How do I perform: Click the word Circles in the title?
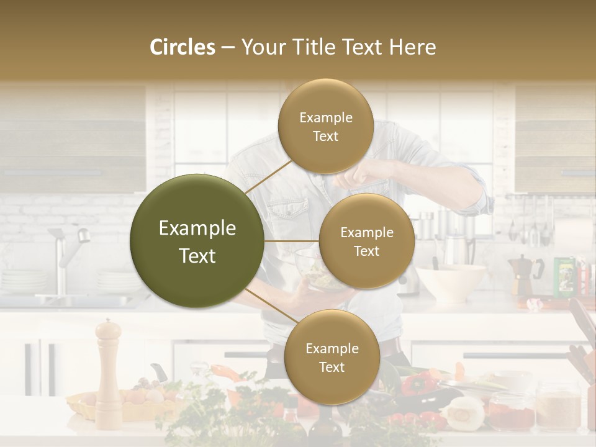coord(183,47)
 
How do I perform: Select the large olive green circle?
coord(197,241)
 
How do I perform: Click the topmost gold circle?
coord(325,126)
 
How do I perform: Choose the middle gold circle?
coord(366,241)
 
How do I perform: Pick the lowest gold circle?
coord(332,357)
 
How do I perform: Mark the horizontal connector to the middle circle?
coord(292,241)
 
